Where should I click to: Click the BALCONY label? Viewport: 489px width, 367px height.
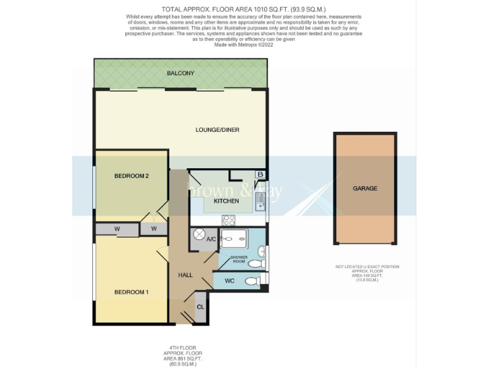[x=180, y=73]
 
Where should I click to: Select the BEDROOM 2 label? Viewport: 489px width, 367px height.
[x=131, y=176]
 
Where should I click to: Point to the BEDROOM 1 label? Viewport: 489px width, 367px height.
[x=131, y=292]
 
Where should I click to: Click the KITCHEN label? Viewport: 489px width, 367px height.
[x=226, y=201]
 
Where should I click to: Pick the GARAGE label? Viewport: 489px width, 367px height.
[x=365, y=188]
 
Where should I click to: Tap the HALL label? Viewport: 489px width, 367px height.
[x=185, y=275]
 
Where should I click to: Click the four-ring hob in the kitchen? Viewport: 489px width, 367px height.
[x=229, y=220]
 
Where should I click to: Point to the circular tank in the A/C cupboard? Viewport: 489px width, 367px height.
[x=197, y=238]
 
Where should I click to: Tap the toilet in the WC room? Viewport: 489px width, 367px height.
[x=253, y=280]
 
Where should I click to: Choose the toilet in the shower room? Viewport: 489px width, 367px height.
[x=255, y=263]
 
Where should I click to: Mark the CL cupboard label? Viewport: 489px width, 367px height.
[x=200, y=307]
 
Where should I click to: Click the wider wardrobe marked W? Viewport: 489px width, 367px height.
[x=117, y=229]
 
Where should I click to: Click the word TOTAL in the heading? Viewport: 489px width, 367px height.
[x=173, y=9]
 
